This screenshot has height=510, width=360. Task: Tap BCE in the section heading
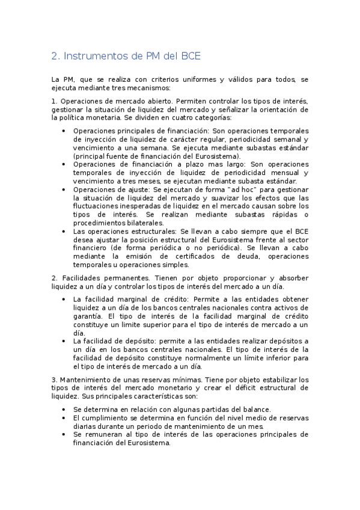point(187,57)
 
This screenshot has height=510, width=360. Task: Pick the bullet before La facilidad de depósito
point(65,341)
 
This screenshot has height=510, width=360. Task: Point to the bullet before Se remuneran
point(65,434)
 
